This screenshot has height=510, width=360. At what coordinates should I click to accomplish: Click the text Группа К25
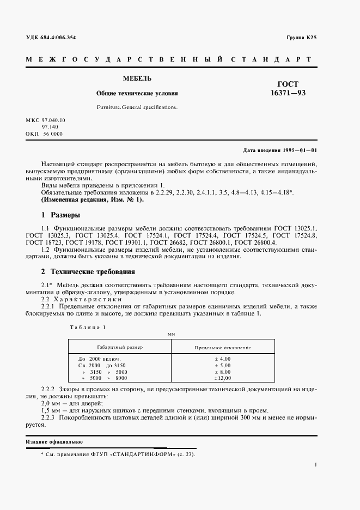coord(301,38)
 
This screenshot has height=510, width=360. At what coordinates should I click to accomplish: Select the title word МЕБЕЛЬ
coord(133,79)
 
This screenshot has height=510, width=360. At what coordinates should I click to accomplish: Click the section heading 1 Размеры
coord(61,215)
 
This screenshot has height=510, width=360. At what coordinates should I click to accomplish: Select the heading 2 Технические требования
coord(88,271)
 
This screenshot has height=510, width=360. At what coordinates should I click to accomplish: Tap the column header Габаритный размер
coord(120,347)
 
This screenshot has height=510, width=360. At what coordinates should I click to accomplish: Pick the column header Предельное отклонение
coord(223,347)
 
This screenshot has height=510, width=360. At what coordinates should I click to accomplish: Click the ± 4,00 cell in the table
coord(223,359)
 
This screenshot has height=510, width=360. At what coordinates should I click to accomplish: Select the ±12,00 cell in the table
coord(222,378)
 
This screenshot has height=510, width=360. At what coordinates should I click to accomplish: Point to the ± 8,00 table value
coord(223,371)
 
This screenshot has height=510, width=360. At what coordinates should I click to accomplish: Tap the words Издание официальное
coord(54,441)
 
